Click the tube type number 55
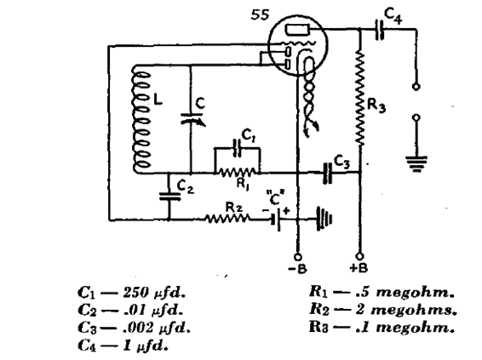click(260, 14)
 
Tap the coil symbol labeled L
click(141, 119)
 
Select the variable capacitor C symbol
click(192, 118)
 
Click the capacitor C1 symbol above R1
click(237, 148)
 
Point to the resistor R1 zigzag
click(238, 172)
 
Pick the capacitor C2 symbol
click(169, 197)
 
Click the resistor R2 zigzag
click(227, 219)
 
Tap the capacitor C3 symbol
click(328, 173)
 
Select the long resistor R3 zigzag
click(360, 98)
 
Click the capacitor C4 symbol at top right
click(380, 30)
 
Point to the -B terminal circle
click(297, 256)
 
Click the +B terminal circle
click(359, 256)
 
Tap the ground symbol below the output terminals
click(416, 163)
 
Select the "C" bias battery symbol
click(276, 220)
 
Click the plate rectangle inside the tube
click(297, 30)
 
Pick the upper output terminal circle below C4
click(416, 87)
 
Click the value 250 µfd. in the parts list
click(154, 293)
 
